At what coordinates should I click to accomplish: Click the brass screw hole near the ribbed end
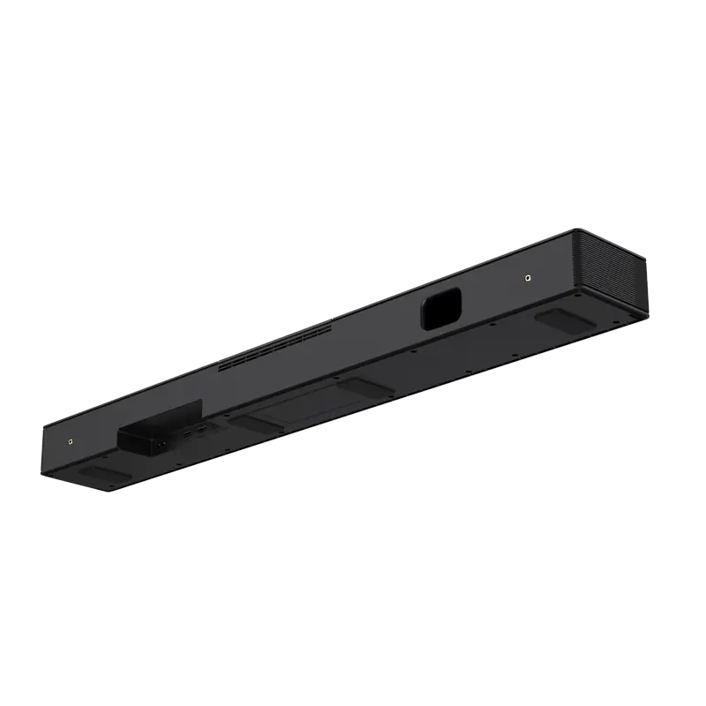pyautogui.click(x=527, y=278)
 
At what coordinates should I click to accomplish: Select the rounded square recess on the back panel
pyautogui.click(x=441, y=308)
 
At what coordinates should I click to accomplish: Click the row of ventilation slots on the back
pyautogui.click(x=274, y=347)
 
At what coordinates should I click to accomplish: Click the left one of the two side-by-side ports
pyautogui.click(x=187, y=433)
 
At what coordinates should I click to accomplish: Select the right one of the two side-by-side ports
pyautogui.click(x=201, y=430)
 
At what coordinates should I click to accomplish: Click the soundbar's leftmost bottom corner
pyautogui.click(x=41, y=477)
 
